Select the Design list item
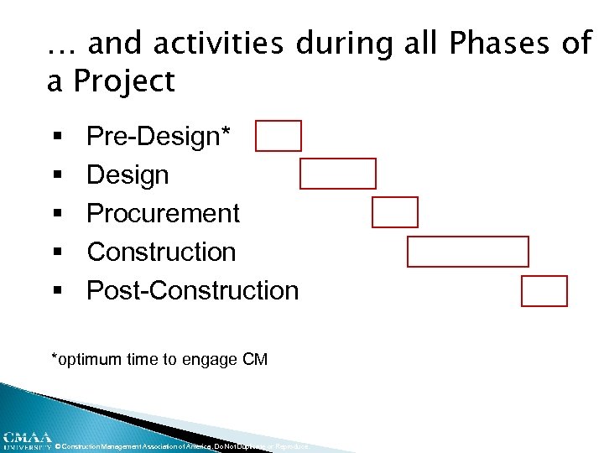(x=128, y=175)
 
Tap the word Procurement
(x=163, y=213)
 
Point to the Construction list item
(x=161, y=252)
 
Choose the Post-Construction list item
(x=192, y=290)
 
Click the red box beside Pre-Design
(x=279, y=136)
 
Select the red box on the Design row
(x=338, y=174)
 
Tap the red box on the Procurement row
(x=395, y=212)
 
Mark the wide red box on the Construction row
(x=468, y=252)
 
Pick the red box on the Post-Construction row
(x=544, y=291)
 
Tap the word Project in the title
(x=124, y=82)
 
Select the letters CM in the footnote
(x=254, y=360)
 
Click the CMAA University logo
(x=25, y=440)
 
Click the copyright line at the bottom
(x=180, y=446)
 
